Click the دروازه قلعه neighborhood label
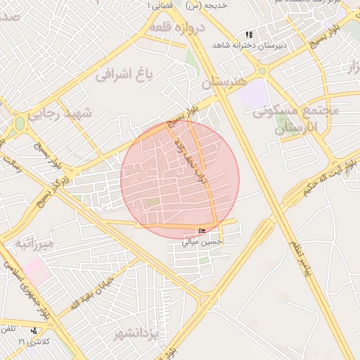point(176,29)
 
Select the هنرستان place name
point(226,82)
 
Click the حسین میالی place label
point(202,241)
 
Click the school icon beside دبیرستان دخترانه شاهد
point(248,34)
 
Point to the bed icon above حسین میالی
point(202,231)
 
